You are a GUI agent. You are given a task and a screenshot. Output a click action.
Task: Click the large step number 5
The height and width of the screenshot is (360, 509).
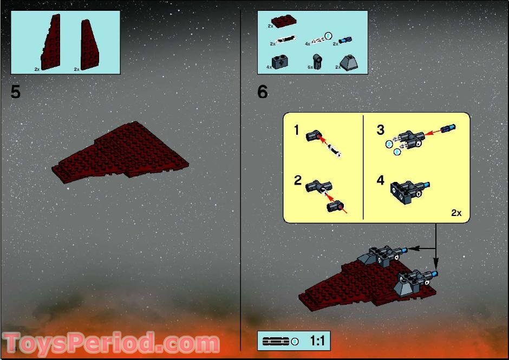[x=16, y=92]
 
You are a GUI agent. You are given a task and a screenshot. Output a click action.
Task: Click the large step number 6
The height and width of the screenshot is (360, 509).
[x=263, y=92]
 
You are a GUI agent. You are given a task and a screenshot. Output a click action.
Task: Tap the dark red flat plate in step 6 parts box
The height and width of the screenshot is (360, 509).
[x=284, y=22]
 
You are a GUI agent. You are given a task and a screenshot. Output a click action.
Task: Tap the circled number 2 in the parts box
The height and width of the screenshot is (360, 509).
[x=328, y=36]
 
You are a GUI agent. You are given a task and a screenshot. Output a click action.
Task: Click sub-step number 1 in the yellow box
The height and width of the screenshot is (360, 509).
[x=296, y=130]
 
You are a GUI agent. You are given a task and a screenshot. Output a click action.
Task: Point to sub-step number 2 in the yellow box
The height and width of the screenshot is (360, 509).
[x=297, y=180]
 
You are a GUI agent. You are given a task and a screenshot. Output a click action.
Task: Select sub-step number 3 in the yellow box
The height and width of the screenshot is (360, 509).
[x=380, y=130]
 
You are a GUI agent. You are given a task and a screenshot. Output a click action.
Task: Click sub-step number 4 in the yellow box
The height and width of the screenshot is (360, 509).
[x=380, y=180]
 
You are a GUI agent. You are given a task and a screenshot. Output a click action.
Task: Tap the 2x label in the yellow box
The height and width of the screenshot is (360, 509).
[x=456, y=213]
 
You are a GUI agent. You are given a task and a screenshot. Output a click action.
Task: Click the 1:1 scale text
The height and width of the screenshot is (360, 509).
[x=317, y=341]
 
